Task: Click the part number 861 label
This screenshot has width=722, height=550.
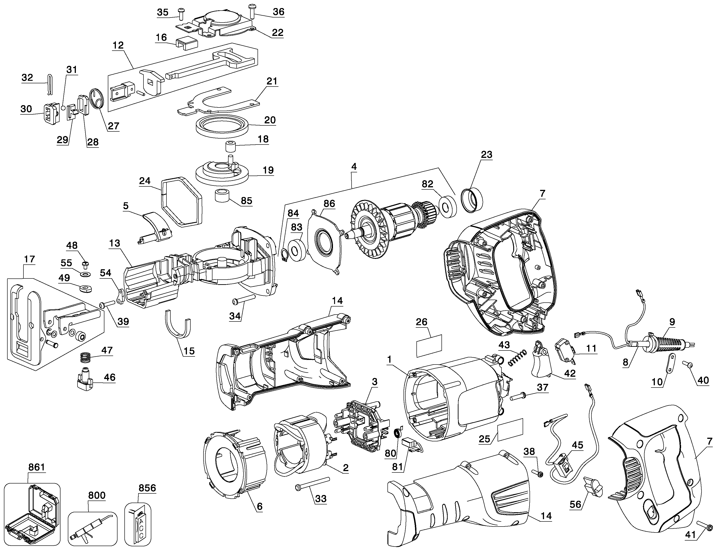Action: (36, 467)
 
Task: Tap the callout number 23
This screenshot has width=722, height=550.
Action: (487, 154)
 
